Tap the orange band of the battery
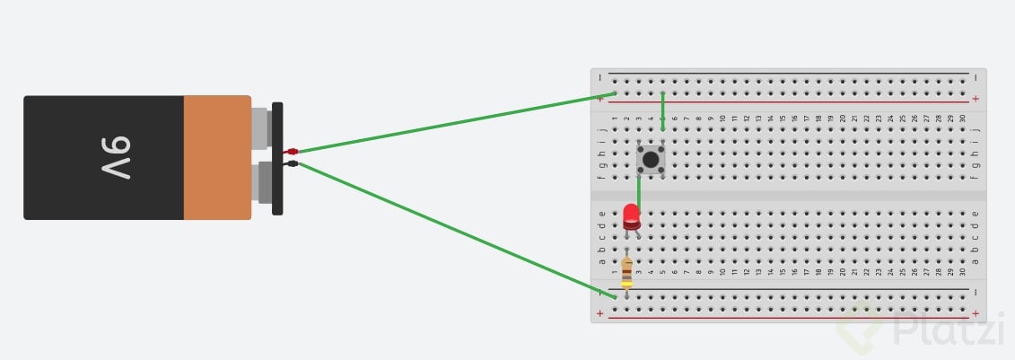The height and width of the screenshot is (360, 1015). click(216, 157)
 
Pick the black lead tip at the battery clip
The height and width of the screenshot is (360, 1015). click(291, 163)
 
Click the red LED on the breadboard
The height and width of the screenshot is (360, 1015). click(631, 216)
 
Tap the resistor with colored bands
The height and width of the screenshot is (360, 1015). click(626, 270)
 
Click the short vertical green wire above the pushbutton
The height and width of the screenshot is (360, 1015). click(662, 111)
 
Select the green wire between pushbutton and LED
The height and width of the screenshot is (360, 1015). click(638, 190)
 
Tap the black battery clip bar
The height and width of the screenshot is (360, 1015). click(277, 158)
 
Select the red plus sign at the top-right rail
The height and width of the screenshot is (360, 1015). click(976, 99)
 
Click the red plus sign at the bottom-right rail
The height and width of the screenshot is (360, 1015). click(976, 313)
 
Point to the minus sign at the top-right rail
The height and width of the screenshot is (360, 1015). click(976, 77)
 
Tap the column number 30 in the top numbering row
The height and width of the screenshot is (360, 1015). click(963, 119)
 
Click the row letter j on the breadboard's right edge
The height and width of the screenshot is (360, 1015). click(976, 129)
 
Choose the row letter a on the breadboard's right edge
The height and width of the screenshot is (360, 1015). click(976, 261)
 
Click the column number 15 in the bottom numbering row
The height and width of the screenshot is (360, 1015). click(782, 271)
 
